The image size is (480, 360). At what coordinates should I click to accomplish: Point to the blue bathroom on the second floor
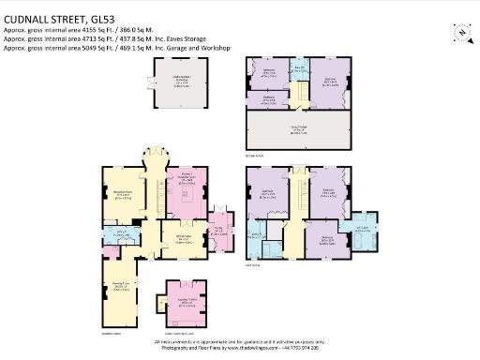click(299, 67)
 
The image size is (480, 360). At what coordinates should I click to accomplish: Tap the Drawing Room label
click(121, 285)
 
